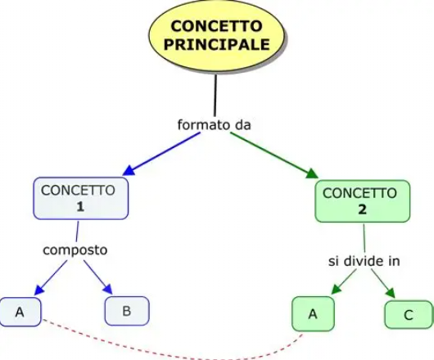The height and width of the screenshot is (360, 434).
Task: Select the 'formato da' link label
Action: tap(214, 125)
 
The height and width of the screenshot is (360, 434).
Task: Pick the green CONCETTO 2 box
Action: tap(361, 201)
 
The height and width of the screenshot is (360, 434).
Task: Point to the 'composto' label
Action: tap(75, 249)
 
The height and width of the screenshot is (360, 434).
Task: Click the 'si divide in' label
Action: tap(359, 261)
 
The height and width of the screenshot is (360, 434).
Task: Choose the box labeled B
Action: tap(126, 311)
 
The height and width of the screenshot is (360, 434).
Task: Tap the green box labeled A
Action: tap(312, 314)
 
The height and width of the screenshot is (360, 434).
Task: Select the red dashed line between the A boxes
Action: tap(164, 348)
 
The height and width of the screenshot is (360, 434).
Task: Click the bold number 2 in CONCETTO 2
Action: tap(361, 209)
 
